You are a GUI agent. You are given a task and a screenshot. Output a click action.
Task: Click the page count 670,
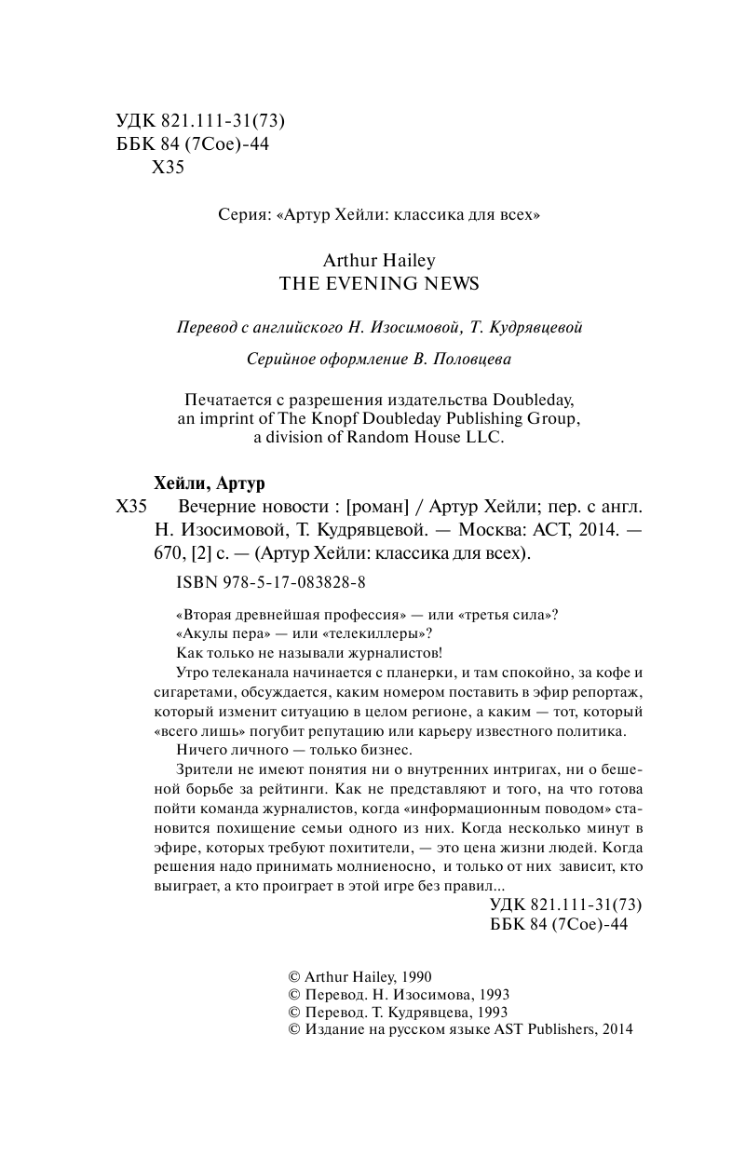[x=169, y=552]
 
